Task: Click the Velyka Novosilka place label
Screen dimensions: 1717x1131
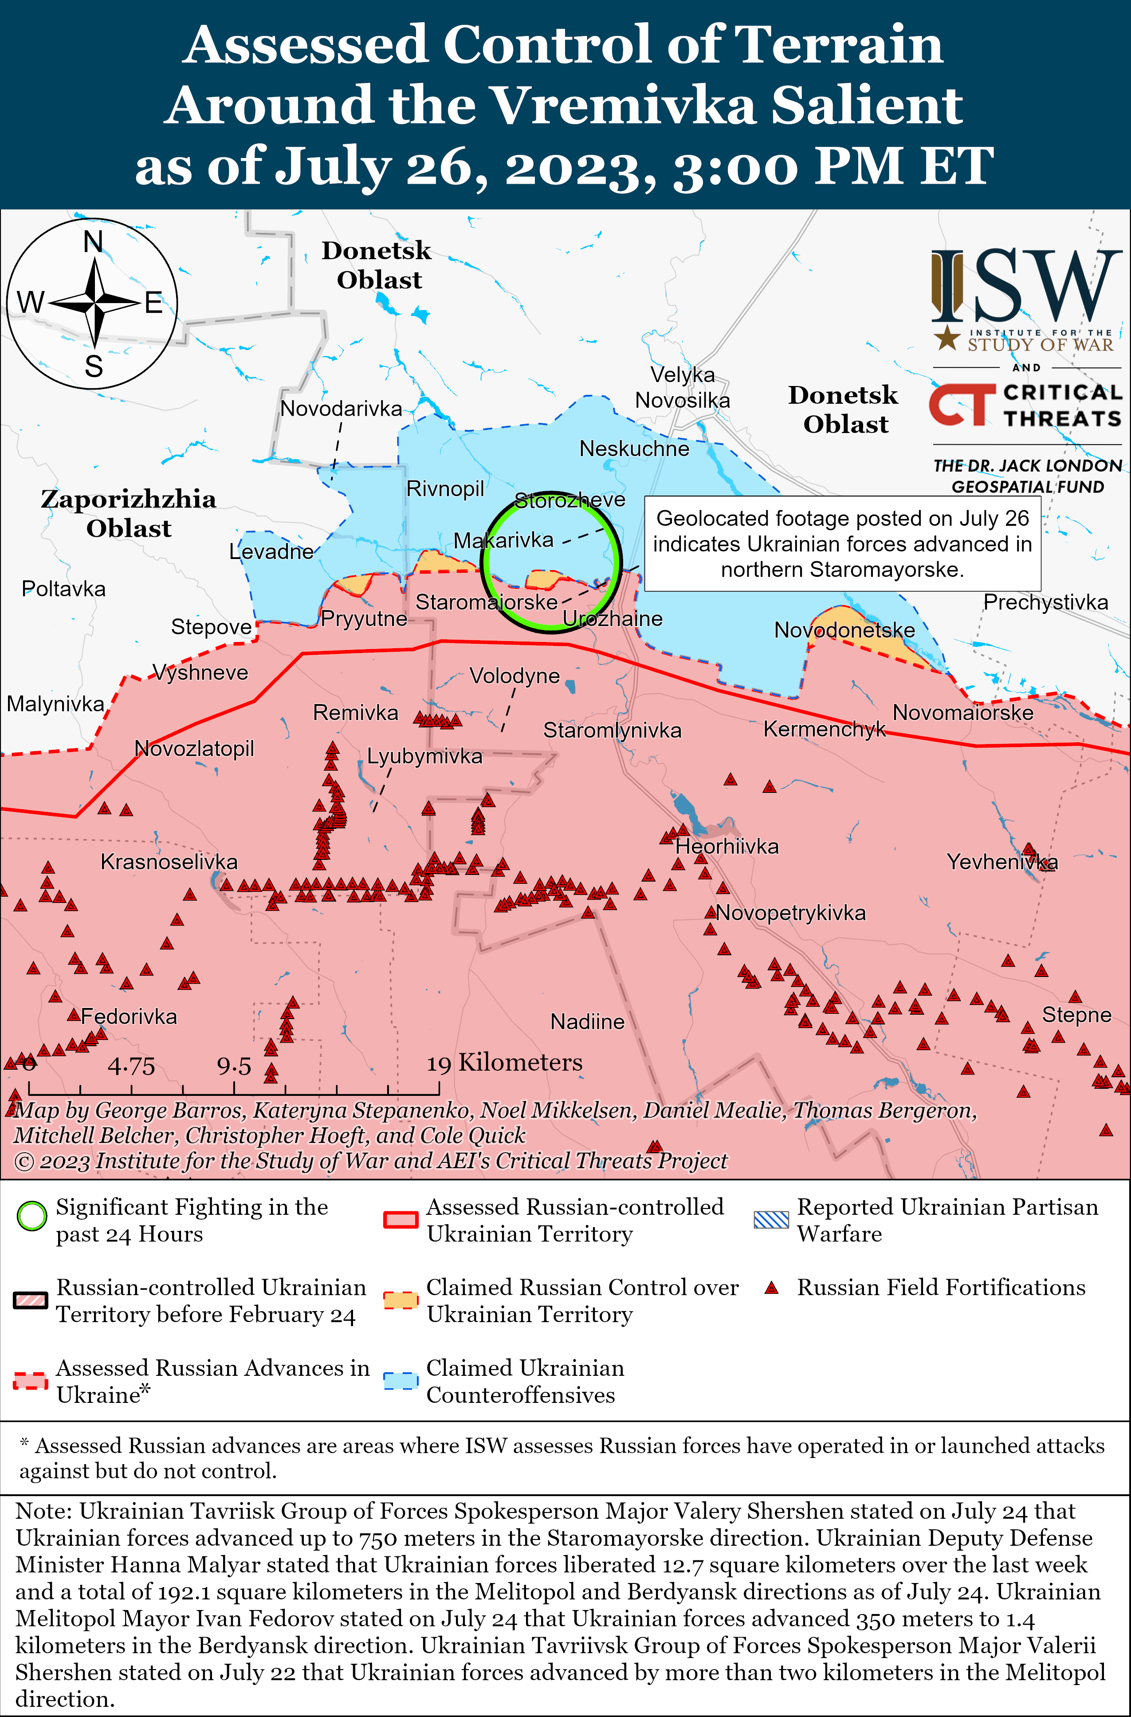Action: pyautogui.click(x=682, y=387)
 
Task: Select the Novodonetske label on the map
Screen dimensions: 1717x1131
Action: pyautogui.click(x=844, y=630)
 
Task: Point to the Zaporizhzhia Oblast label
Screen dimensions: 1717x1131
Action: pyautogui.click(x=128, y=513)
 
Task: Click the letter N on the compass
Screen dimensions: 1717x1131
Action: pyautogui.click(x=93, y=242)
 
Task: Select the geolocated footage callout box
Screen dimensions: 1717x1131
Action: pyautogui.click(x=842, y=543)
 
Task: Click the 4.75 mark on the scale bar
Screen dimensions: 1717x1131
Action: pyautogui.click(x=131, y=1066)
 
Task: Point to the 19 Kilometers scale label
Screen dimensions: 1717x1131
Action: pyautogui.click(x=504, y=1062)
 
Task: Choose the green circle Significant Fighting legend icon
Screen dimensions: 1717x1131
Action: pyautogui.click(x=32, y=1217)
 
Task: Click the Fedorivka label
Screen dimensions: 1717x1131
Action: pyautogui.click(x=128, y=1016)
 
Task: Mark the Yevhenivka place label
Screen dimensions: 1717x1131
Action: pyautogui.click(x=1002, y=862)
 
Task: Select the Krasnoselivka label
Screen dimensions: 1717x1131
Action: pyautogui.click(x=169, y=862)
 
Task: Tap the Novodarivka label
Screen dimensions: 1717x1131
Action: pyautogui.click(x=341, y=408)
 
